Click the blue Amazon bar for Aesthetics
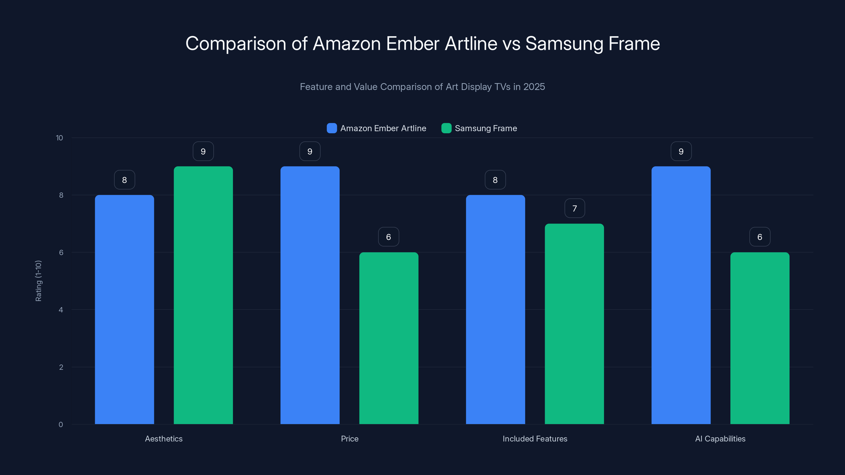click(124, 310)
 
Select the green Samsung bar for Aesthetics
click(203, 295)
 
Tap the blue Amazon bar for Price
click(310, 295)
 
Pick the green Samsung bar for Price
click(389, 338)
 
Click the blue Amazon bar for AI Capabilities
click(681, 295)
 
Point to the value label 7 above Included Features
click(574, 208)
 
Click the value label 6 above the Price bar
click(388, 237)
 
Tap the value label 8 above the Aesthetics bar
click(124, 180)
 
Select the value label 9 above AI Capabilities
click(681, 151)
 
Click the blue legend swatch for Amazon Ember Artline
click(332, 128)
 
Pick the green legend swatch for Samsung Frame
click(446, 128)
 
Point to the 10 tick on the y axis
click(59, 138)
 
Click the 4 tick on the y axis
click(61, 310)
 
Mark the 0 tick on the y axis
click(61, 425)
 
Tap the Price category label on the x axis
click(349, 439)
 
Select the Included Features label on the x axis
click(535, 439)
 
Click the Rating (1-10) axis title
click(38, 281)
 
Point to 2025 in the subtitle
click(534, 87)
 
